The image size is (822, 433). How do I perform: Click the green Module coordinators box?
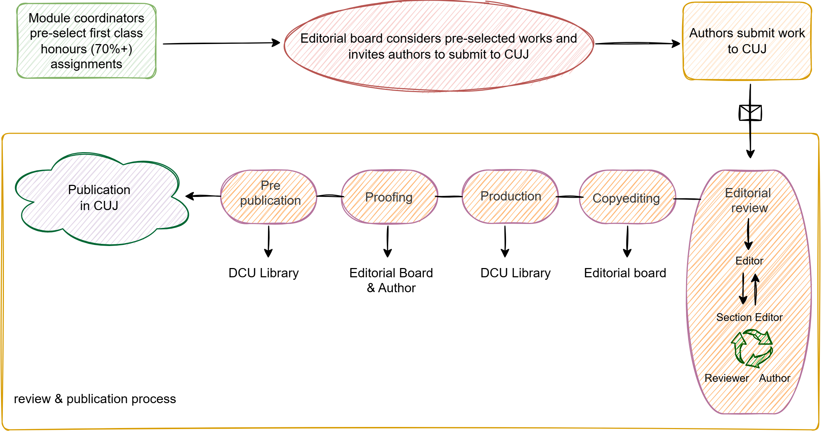point(86,41)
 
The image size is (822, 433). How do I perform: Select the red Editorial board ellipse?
point(439,46)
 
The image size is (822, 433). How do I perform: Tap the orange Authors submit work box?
point(747,41)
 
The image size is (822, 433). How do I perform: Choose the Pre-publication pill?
point(269,197)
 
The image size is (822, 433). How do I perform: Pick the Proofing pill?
point(389,197)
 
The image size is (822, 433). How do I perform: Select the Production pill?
point(510,196)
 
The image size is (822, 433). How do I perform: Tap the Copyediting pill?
point(627,197)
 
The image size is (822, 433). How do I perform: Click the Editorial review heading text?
point(748,200)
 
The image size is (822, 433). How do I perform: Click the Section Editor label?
point(749,317)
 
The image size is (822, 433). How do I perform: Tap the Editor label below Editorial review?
point(748,261)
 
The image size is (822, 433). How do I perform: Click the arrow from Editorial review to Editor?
point(748,233)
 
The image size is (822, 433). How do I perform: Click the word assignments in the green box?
point(86,64)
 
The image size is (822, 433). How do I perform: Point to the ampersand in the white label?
point(58,399)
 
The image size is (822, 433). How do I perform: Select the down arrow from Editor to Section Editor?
point(743,290)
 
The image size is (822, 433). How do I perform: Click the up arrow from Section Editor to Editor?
point(755,290)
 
